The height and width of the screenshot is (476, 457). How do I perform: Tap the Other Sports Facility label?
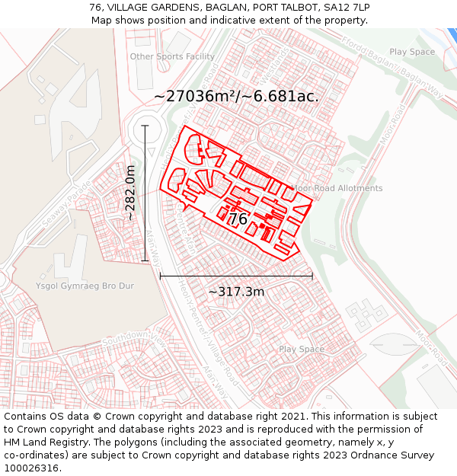click(x=172, y=56)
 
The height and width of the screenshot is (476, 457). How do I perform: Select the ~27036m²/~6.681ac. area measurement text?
click(x=236, y=97)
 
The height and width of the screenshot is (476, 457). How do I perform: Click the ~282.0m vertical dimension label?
click(x=131, y=193)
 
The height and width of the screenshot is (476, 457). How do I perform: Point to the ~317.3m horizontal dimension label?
click(x=236, y=292)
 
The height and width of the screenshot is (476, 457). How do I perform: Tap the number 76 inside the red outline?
click(x=238, y=219)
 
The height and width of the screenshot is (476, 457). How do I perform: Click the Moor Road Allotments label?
click(x=337, y=188)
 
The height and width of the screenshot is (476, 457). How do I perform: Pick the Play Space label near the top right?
click(x=412, y=52)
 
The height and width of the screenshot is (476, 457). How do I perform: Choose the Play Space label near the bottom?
click(x=301, y=350)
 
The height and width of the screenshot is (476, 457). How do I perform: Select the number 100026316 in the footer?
click(x=33, y=468)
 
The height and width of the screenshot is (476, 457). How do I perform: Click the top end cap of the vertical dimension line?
click(x=145, y=126)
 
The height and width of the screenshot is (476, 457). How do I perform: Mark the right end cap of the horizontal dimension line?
click(x=312, y=276)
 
